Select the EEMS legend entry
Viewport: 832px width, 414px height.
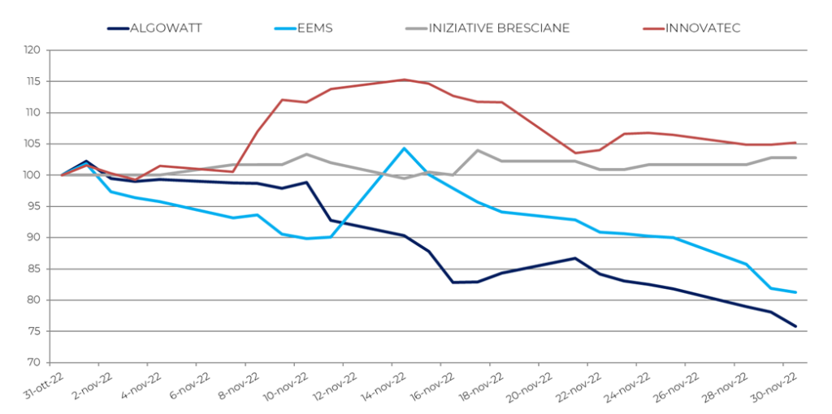[315, 28]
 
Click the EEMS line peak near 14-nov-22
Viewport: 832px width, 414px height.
[404, 149]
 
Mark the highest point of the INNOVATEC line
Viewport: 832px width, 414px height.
[404, 80]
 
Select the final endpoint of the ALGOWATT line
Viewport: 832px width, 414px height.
[795, 326]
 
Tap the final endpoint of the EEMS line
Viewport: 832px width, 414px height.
[795, 292]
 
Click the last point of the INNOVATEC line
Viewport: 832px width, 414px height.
[795, 143]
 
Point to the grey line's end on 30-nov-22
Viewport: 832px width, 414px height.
[795, 157]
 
